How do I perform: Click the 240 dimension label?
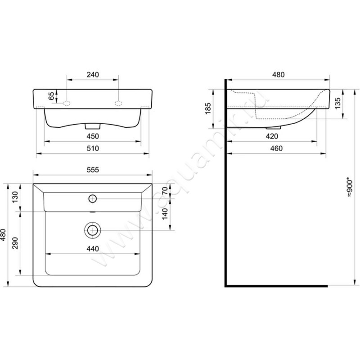point(93,75)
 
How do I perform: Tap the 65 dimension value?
point(52,96)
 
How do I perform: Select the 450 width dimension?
point(93,136)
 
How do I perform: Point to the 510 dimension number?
point(93,148)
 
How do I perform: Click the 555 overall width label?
point(93,170)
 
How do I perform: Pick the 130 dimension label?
point(15,197)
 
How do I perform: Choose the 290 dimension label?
point(15,243)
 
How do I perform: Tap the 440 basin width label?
point(93,249)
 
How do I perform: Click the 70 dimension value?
point(165,191)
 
